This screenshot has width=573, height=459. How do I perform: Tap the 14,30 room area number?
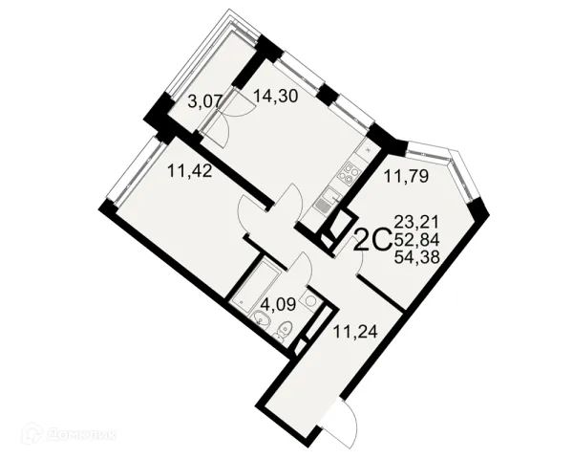click(276, 96)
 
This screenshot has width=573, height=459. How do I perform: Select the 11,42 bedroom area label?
click(190, 171)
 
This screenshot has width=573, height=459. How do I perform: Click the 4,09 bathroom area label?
click(279, 304)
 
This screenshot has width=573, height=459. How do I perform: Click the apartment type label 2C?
click(373, 240)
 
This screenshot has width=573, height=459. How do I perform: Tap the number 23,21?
click(417, 222)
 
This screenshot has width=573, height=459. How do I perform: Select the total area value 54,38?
click(417, 258)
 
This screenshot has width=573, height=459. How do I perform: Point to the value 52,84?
click(417, 240)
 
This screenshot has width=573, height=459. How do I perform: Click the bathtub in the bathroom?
click(255, 283)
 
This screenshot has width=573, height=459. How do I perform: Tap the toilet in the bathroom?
click(284, 330)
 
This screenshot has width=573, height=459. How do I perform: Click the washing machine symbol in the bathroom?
click(310, 300)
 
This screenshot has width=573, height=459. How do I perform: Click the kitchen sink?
click(328, 201)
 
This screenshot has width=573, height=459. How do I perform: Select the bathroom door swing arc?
click(304, 267)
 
